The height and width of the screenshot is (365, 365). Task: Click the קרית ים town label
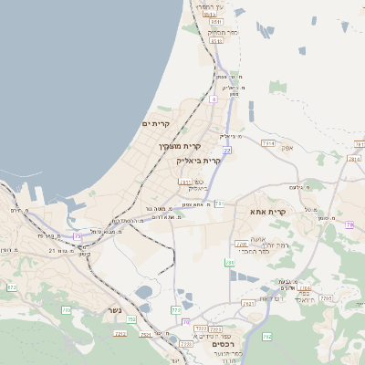(157, 124)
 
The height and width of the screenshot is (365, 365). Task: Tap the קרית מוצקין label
(180, 146)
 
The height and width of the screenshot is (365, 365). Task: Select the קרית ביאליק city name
(198, 161)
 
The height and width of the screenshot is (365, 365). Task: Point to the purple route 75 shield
(78, 236)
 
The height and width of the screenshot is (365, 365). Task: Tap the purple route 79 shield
(350, 224)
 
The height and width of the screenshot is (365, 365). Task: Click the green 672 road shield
(12, 287)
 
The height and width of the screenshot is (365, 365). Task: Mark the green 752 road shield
(131, 319)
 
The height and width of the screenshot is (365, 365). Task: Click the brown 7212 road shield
(120, 334)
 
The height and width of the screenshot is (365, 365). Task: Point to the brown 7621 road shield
(249, 303)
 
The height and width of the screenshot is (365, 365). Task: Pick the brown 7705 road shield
(241, 245)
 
